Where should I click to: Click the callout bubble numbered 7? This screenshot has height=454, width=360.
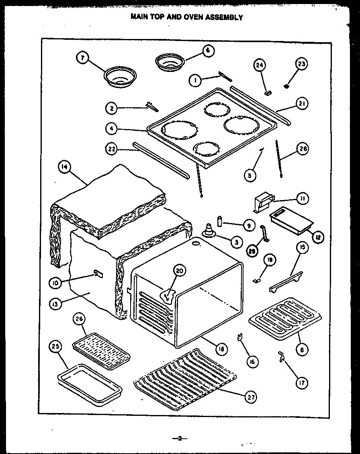(x=82, y=58)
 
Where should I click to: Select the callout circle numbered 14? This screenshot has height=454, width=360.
(x=62, y=168)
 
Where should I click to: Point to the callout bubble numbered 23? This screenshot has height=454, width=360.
(x=301, y=64)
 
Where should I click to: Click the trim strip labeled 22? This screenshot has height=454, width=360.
(x=161, y=159)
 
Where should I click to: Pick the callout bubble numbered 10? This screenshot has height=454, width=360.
(x=55, y=282)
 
